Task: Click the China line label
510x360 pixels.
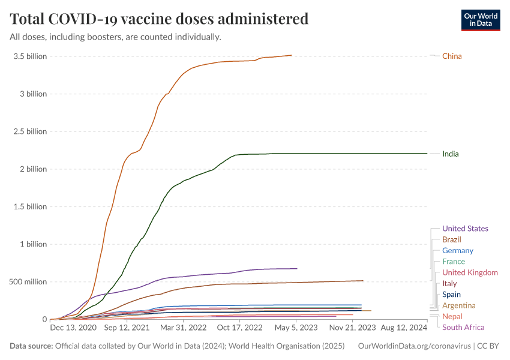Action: tap(452, 56)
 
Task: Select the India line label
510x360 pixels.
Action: tap(450, 154)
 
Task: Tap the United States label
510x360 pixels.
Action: tap(465, 229)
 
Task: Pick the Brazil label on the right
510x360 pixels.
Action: tap(451, 240)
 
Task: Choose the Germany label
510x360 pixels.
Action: tap(457, 251)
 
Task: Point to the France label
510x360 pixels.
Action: tap(454, 262)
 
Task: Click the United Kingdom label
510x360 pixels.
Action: tap(470, 273)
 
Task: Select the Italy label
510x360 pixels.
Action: tap(449, 284)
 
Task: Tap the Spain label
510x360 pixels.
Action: tap(451, 295)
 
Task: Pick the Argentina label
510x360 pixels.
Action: tap(458, 306)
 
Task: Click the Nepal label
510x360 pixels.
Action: tap(452, 317)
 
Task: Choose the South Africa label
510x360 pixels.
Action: tap(463, 328)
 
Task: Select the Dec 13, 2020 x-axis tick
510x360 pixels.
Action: tap(73, 328)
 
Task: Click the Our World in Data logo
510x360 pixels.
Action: tap(480, 20)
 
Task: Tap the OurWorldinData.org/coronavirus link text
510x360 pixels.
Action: tap(413, 346)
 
